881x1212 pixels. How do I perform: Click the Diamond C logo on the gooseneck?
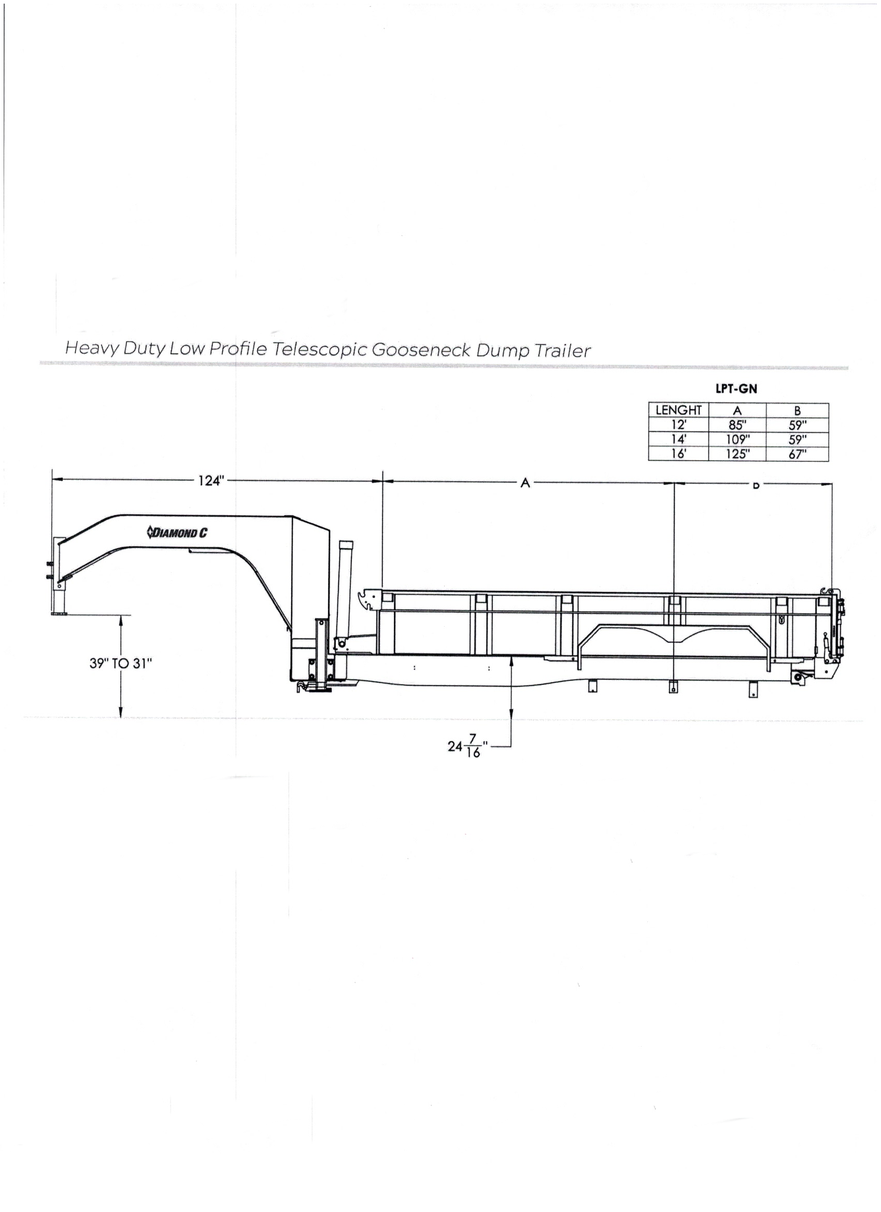coord(177,532)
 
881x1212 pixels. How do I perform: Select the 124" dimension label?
coord(210,481)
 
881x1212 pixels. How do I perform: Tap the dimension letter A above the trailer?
coord(525,483)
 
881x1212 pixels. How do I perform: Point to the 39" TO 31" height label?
coord(121,663)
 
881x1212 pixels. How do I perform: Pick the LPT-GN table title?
coord(736,389)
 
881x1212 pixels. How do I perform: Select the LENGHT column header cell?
coord(678,411)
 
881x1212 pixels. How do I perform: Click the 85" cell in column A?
coord(737,426)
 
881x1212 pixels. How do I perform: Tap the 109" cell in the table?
coord(737,440)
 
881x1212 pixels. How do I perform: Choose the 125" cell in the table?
coord(737,454)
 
